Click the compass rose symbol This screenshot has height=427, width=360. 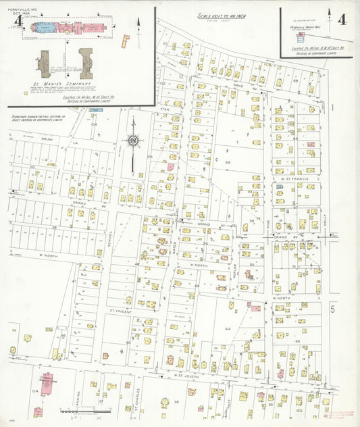point(132,141)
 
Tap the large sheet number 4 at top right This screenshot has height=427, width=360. point(342,18)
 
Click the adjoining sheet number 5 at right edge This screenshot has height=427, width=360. point(332,309)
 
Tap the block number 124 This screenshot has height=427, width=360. point(34,391)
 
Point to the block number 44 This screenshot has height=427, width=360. point(228,328)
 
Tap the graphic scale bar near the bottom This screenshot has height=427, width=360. point(81,410)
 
